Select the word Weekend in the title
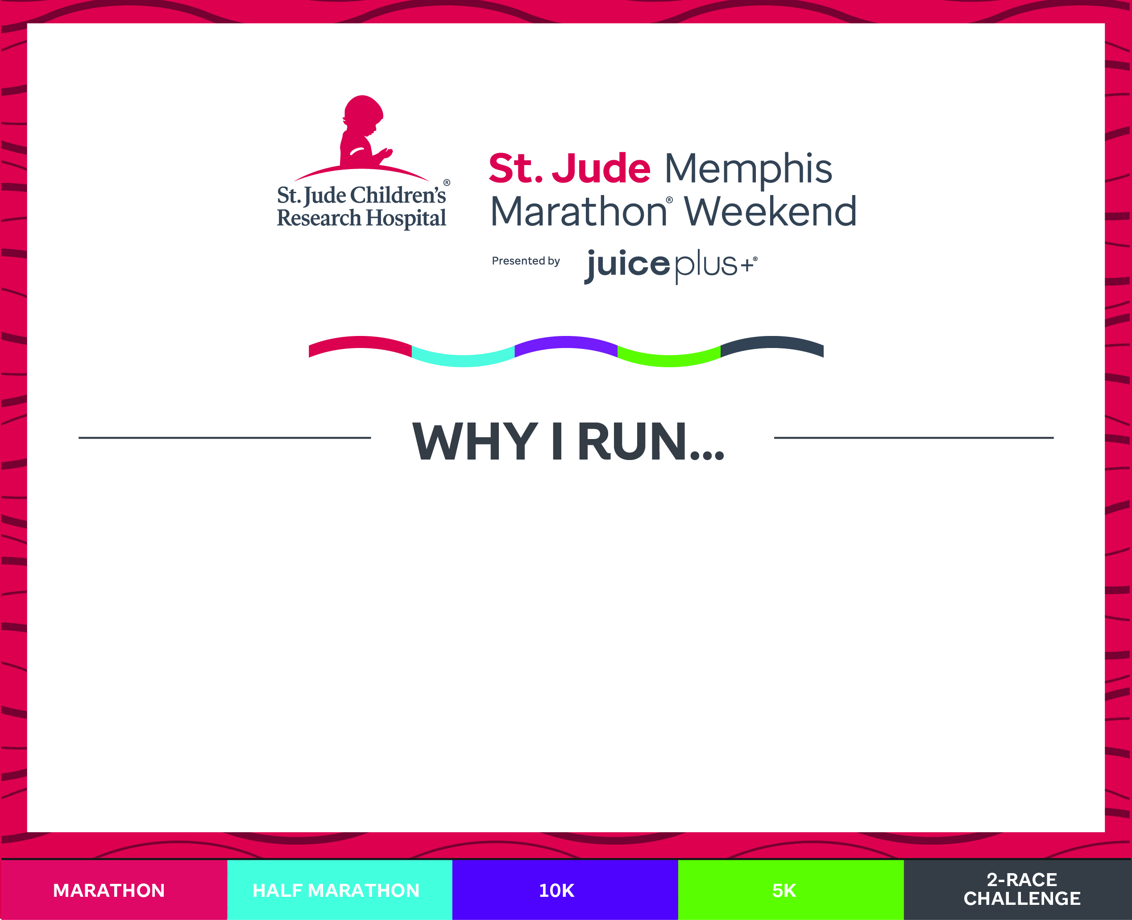770,211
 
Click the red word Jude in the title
601,168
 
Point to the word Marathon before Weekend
579,211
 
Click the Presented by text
526,261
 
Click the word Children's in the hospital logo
398,195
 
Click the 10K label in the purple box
556,890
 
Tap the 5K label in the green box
784,890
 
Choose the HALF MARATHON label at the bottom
336,890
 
